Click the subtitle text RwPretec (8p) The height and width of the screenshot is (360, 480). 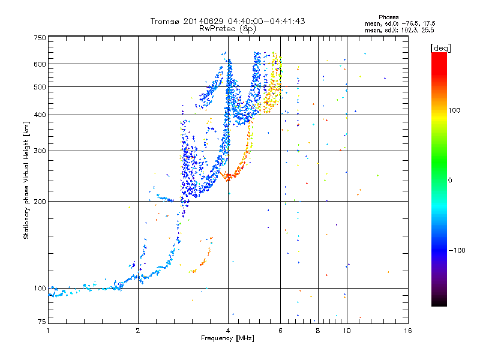pyautogui.click(x=227, y=29)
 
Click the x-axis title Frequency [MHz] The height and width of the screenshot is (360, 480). pyautogui.click(x=227, y=338)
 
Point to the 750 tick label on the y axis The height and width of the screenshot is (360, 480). pyautogui.click(x=40, y=38)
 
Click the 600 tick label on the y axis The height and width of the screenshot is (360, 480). pyautogui.click(x=40, y=64)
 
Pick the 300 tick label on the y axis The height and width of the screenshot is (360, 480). pyautogui.click(x=40, y=151)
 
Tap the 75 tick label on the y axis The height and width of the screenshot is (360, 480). pyautogui.click(x=42, y=322)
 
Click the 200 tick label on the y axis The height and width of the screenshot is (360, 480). pyautogui.click(x=40, y=201)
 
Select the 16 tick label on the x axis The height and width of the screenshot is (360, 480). pyautogui.click(x=408, y=331)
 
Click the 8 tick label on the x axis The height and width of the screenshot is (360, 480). pyautogui.click(x=318, y=331)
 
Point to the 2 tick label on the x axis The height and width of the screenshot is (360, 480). pyautogui.click(x=138, y=331)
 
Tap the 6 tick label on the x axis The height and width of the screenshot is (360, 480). pyautogui.click(x=280, y=331)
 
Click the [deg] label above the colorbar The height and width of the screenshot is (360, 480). pyautogui.click(x=440, y=48)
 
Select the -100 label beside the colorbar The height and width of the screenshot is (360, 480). pyautogui.click(x=457, y=250)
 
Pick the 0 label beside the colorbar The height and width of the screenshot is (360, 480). pyautogui.click(x=450, y=181)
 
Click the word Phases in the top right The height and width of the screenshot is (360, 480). pyautogui.click(x=388, y=17)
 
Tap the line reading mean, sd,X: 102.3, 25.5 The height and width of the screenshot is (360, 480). pyautogui.click(x=399, y=30)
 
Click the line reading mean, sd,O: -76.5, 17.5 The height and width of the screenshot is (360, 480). pyautogui.click(x=400, y=23)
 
